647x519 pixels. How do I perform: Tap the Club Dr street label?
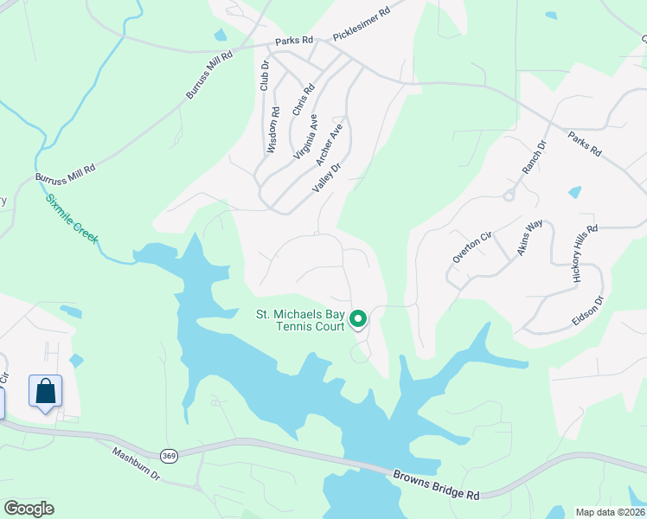point(265,74)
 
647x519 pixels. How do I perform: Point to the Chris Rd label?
point(303,100)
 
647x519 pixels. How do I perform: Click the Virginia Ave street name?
point(306,137)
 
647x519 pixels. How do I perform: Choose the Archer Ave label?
point(330,144)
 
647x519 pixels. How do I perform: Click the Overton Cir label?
point(471,247)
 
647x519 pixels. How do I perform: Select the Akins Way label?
point(529,237)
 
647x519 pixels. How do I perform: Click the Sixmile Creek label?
point(72,218)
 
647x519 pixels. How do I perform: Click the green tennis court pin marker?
point(358,320)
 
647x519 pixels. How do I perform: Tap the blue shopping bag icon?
point(45,391)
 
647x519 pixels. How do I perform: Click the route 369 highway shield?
point(170,455)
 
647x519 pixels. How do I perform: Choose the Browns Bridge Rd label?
point(436,484)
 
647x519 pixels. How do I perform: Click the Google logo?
point(29,509)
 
